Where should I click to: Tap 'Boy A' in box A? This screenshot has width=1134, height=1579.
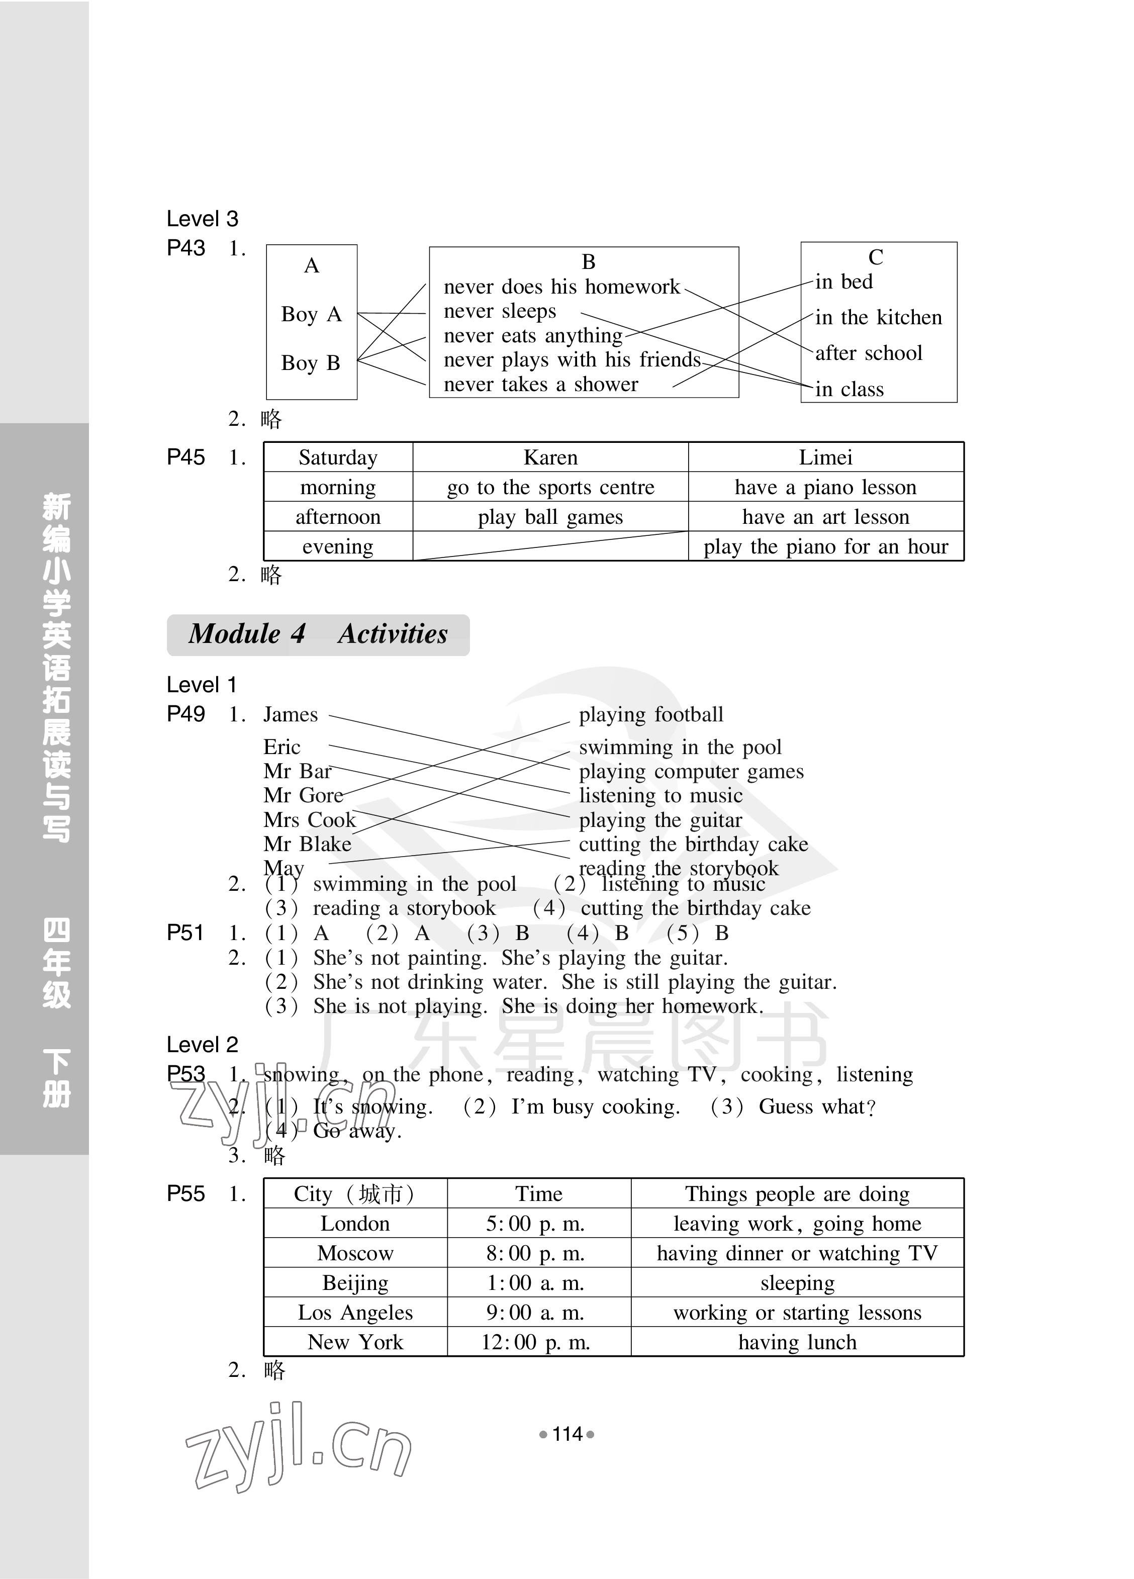point(311,314)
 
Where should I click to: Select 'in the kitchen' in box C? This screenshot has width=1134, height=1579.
point(878,318)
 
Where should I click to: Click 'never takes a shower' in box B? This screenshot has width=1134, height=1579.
point(540,384)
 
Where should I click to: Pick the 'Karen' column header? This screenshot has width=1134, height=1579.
point(550,457)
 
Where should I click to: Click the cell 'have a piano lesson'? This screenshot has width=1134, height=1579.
point(825,487)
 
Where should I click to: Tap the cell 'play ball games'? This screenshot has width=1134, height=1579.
point(550,517)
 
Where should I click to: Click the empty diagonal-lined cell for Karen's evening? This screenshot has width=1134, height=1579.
point(550,546)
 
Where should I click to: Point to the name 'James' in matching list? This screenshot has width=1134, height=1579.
point(291,714)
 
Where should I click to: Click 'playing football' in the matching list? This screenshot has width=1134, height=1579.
point(651,714)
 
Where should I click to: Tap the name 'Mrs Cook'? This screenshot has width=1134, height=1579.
point(309,819)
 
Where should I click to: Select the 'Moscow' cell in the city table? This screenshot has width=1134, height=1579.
point(355,1253)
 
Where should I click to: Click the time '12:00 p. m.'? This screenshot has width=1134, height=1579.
point(535,1342)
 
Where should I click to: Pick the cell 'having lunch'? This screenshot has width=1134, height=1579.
point(797,1342)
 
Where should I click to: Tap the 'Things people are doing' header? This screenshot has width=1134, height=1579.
point(797,1194)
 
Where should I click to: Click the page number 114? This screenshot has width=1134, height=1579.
point(566,1434)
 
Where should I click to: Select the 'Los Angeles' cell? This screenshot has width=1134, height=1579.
point(355,1313)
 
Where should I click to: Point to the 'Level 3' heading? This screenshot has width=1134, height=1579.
point(202,219)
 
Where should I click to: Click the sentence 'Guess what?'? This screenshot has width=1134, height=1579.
point(816,1106)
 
